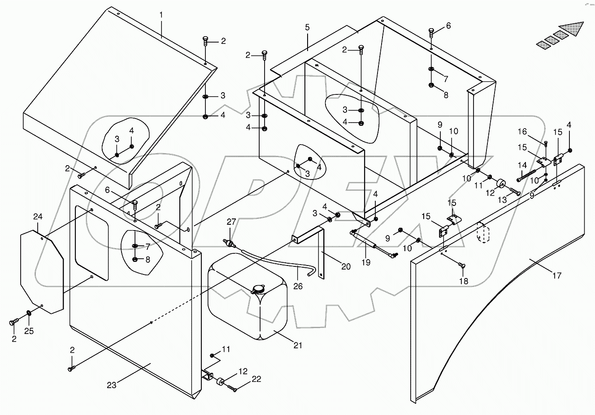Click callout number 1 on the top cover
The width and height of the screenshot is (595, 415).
click(x=161, y=15)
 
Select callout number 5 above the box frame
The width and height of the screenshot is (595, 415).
click(x=307, y=28)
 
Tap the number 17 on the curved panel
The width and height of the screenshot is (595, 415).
click(x=556, y=276)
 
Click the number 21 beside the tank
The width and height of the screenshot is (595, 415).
click(x=298, y=345)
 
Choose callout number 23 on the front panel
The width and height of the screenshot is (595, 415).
click(x=111, y=385)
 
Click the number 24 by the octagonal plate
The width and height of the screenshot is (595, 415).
click(x=38, y=217)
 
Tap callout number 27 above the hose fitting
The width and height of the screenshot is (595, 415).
click(x=230, y=222)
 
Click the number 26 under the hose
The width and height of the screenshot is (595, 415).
click(x=298, y=285)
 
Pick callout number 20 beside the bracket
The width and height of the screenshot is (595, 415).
click(x=346, y=267)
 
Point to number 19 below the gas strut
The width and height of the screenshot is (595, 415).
click(x=366, y=263)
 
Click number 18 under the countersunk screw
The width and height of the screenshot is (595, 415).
click(x=463, y=281)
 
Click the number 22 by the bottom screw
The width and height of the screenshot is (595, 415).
click(x=256, y=379)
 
